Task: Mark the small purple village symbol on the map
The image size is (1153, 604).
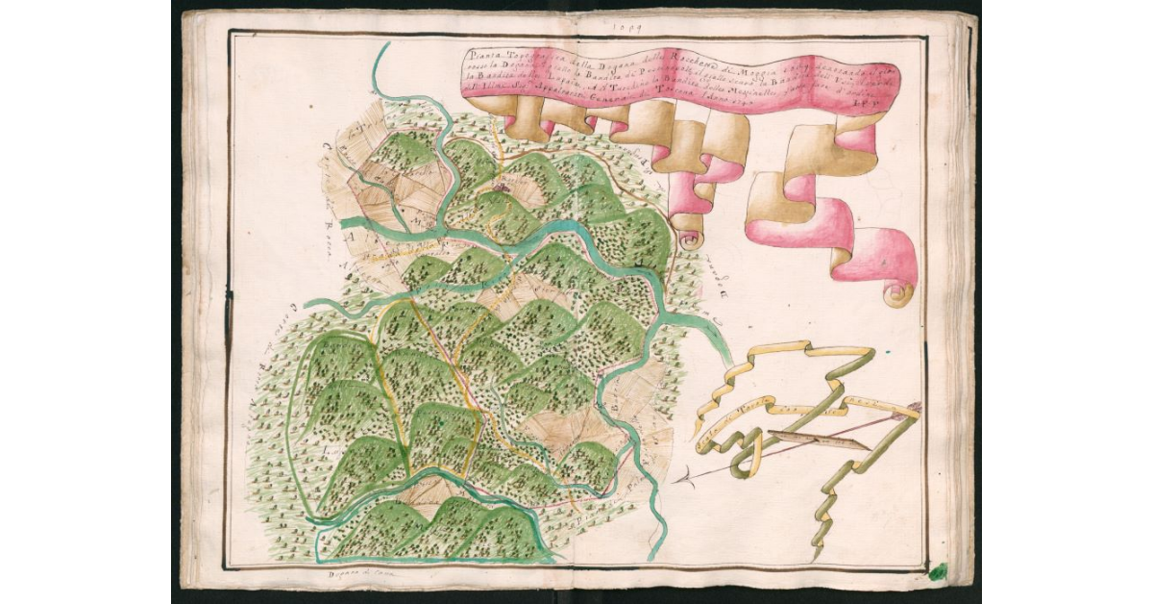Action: pyautogui.click(x=501, y=189)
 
